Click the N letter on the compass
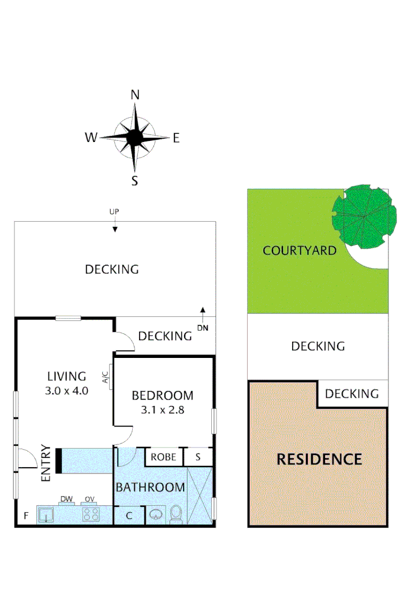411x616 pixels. [x=135, y=95]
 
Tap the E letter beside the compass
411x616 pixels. [x=176, y=137]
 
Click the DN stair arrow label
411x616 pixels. [x=203, y=327]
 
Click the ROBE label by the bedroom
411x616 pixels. [x=163, y=457]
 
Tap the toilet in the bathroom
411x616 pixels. [x=176, y=513]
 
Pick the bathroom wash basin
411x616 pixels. [x=155, y=513]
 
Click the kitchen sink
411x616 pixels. [x=46, y=514]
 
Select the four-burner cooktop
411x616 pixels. [x=90, y=513]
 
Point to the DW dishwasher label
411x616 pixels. [x=65, y=499]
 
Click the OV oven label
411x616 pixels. [x=89, y=499]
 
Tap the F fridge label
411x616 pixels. [x=25, y=516]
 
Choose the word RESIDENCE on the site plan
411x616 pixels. [x=319, y=460]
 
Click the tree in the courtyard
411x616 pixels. [x=364, y=216]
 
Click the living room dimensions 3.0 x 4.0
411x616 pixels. [x=66, y=390]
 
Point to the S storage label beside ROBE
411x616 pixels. [x=198, y=457]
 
